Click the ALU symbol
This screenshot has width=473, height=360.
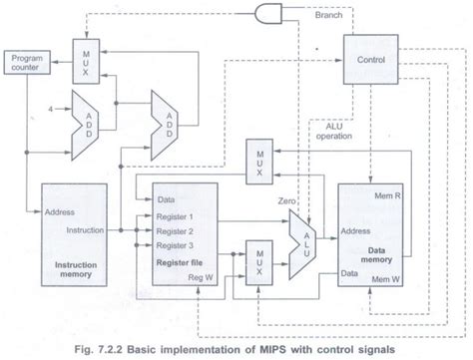pos(302,240)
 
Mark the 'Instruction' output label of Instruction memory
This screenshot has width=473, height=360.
pos(65,229)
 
